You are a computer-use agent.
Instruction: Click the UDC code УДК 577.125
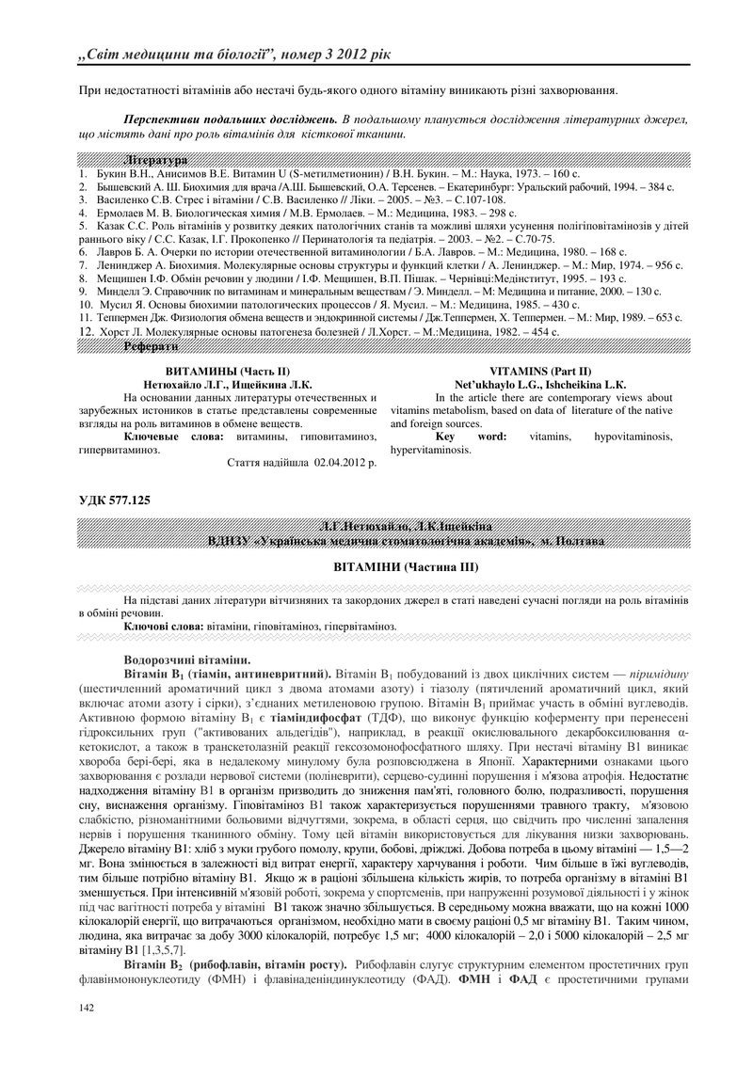click(114, 500)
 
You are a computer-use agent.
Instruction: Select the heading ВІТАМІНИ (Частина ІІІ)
click(407, 568)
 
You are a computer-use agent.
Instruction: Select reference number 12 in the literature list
click(85, 332)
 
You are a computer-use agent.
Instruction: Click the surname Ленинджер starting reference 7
click(120, 266)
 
